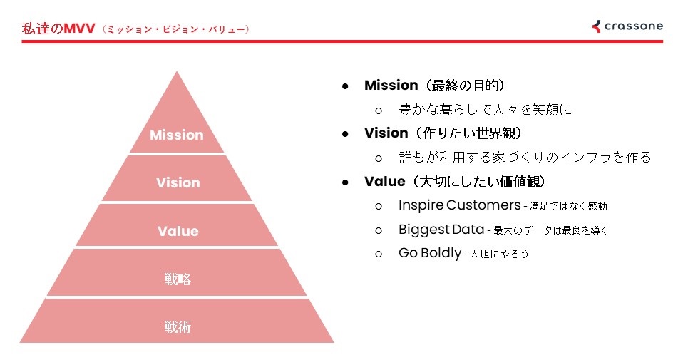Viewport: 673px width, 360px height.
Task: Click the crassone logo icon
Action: (x=596, y=26)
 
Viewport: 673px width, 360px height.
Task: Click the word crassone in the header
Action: (x=634, y=26)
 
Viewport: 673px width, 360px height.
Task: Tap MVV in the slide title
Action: (x=79, y=29)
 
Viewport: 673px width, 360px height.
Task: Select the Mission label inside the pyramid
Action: (x=176, y=135)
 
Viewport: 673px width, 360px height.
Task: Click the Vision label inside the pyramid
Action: (x=178, y=182)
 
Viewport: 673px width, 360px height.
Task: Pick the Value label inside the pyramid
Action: (x=178, y=231)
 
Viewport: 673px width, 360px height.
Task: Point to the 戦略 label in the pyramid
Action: (x=178, y=279)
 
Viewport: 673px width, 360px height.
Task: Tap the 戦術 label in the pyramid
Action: (x=178, y=327)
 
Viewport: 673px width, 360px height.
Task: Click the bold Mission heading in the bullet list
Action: (x=391, y=85)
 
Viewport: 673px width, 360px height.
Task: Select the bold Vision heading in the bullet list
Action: (x=386, y=133)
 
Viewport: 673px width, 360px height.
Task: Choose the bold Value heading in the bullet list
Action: (x=384, y=181)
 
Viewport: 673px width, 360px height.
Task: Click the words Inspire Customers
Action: (x=459, y=205)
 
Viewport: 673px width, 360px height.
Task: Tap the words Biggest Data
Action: (x=441, y=230)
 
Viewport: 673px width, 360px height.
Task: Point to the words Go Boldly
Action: (x=430, y=253)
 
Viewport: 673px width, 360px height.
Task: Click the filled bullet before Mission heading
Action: (x=345, y=86)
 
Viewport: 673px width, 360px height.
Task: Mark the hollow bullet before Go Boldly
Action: (x=378, y=254)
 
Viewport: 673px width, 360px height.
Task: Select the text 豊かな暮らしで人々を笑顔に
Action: (x=486, y=110)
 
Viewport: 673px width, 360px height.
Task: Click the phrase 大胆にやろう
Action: (x=499, y=254)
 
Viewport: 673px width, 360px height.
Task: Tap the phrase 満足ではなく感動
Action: (x=568, y=207)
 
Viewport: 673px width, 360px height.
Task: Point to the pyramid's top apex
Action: (x=177, y=71)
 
